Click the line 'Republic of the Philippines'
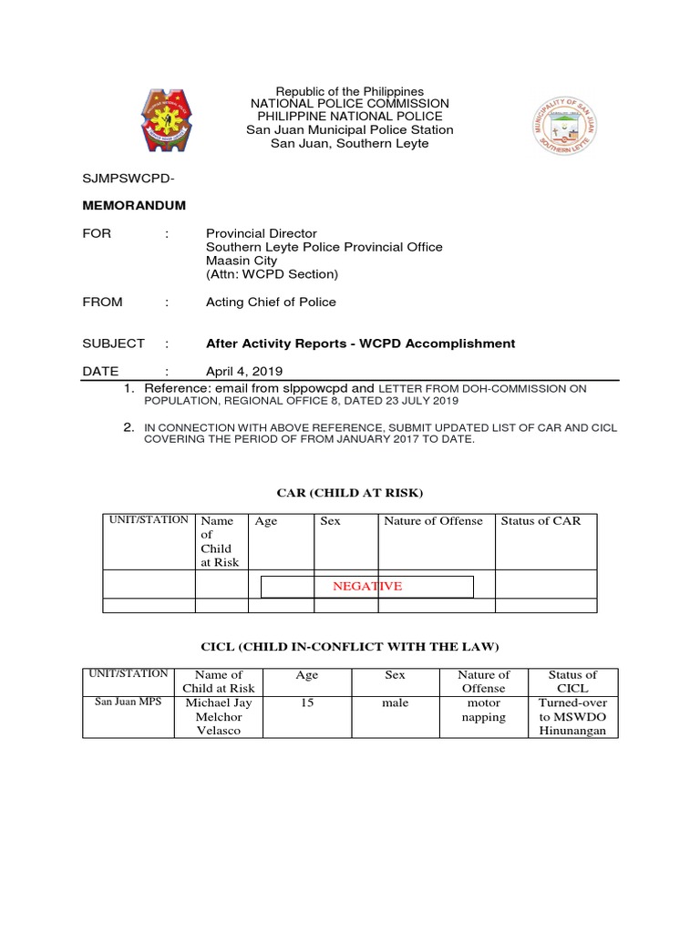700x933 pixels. (350, 92)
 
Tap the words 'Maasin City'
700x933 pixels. (242, 261)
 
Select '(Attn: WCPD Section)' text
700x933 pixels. (272, 274)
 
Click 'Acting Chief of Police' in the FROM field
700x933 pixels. (271, 302)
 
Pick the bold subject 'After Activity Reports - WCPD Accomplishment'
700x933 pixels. (360, 343)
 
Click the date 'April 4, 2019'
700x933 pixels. (244, 371)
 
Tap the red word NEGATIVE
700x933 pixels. (367, 586)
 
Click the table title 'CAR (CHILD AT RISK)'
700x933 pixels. (350, 493)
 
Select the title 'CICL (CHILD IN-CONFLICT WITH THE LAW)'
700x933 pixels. (350, 647)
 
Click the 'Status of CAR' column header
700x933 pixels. (540, 521)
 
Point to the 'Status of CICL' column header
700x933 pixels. (572, 682)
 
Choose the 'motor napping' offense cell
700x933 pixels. (484, 711)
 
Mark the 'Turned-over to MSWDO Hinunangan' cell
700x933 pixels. (572, 717)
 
